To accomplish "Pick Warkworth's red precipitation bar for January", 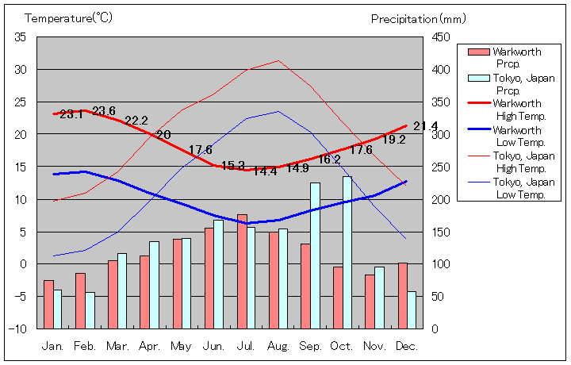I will coord(48,304).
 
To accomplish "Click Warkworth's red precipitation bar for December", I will coord(403,295).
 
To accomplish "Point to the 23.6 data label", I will coord(104,111).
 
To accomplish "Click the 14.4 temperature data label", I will coord(265,171).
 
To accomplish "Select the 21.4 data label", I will coord(425,126).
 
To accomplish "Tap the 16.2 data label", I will coord(329,159).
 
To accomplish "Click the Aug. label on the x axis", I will coord(278,347).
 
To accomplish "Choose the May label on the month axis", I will coord(181,347).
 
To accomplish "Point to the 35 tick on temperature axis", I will coord(21,37).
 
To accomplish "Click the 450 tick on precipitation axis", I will coord(441,37).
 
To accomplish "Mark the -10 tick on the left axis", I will coord(19,328).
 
